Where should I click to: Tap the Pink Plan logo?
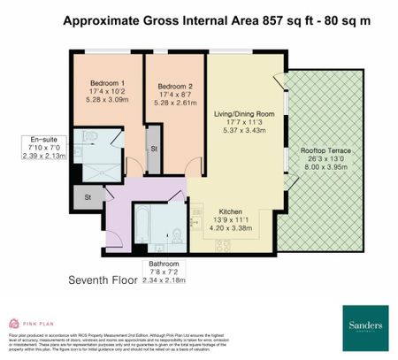pyautogui.click(x=32, y=325)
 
